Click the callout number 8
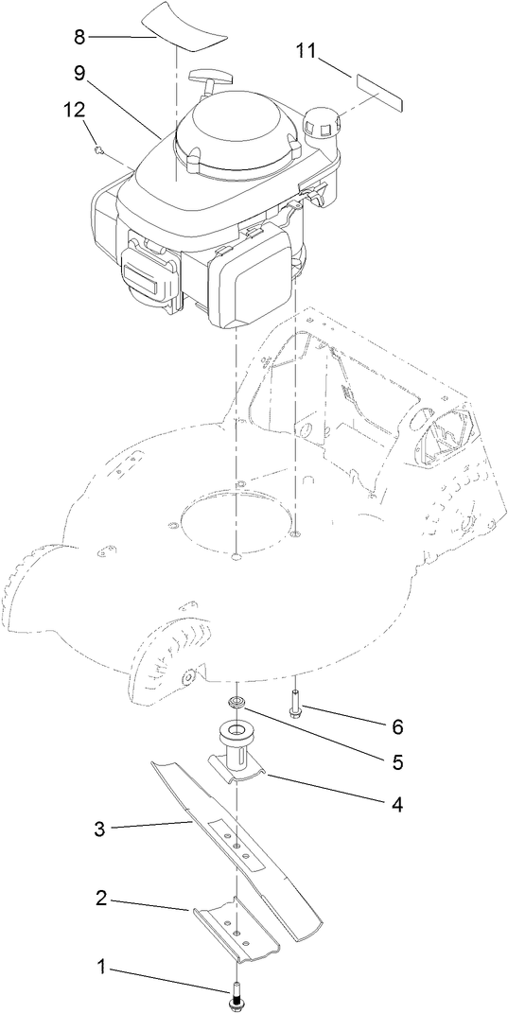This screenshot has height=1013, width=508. pyautogui.click(x=79, y=38)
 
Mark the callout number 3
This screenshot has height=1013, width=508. pyautogui.click(x=98, y=830)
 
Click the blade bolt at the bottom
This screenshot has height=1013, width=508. pyautogui.click(x=234, y=993)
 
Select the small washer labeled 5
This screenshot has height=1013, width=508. pyautogui.click(x=235, y=703)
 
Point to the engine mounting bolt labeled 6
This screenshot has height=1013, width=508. pyautogui.click(x=296, y=705)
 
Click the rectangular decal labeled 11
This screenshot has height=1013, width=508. pyautogui.click(x=377, y=88)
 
